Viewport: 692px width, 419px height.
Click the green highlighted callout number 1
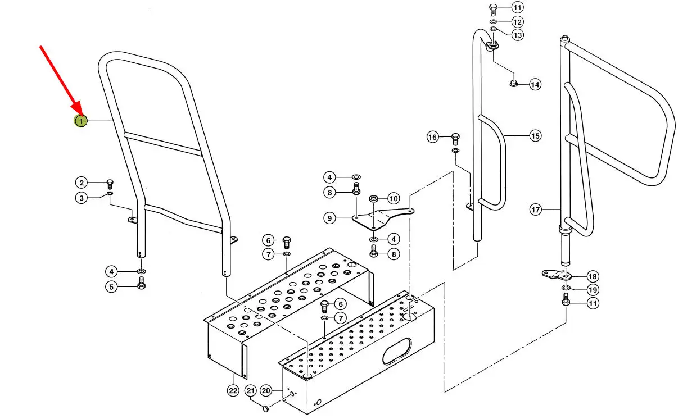point(81,121)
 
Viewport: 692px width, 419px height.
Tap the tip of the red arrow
point(81,116)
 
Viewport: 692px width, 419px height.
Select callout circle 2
point(82,183)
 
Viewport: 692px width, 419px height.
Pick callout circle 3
point(82,198)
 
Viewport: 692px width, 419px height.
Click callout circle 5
point(111,287)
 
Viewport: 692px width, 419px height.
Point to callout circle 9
point(329,218)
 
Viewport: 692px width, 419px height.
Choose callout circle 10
point(394,198)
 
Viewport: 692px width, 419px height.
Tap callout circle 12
point(517,22)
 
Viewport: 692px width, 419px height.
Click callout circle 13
point(518,35)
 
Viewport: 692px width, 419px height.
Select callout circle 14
point(535,84)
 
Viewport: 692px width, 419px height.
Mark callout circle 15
point(535,136)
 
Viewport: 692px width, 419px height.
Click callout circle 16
point(432,137)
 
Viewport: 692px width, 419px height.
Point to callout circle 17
point(535,210)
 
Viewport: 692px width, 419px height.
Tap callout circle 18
point(592,276)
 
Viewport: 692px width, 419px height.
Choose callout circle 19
point(593,290)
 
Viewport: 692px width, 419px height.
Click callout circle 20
point(266,390)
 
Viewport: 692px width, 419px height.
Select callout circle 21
point(251,391)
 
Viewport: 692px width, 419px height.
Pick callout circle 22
point(233,391)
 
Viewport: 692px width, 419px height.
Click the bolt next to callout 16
point(455,139)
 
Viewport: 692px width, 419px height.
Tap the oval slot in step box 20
point(397,351)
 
